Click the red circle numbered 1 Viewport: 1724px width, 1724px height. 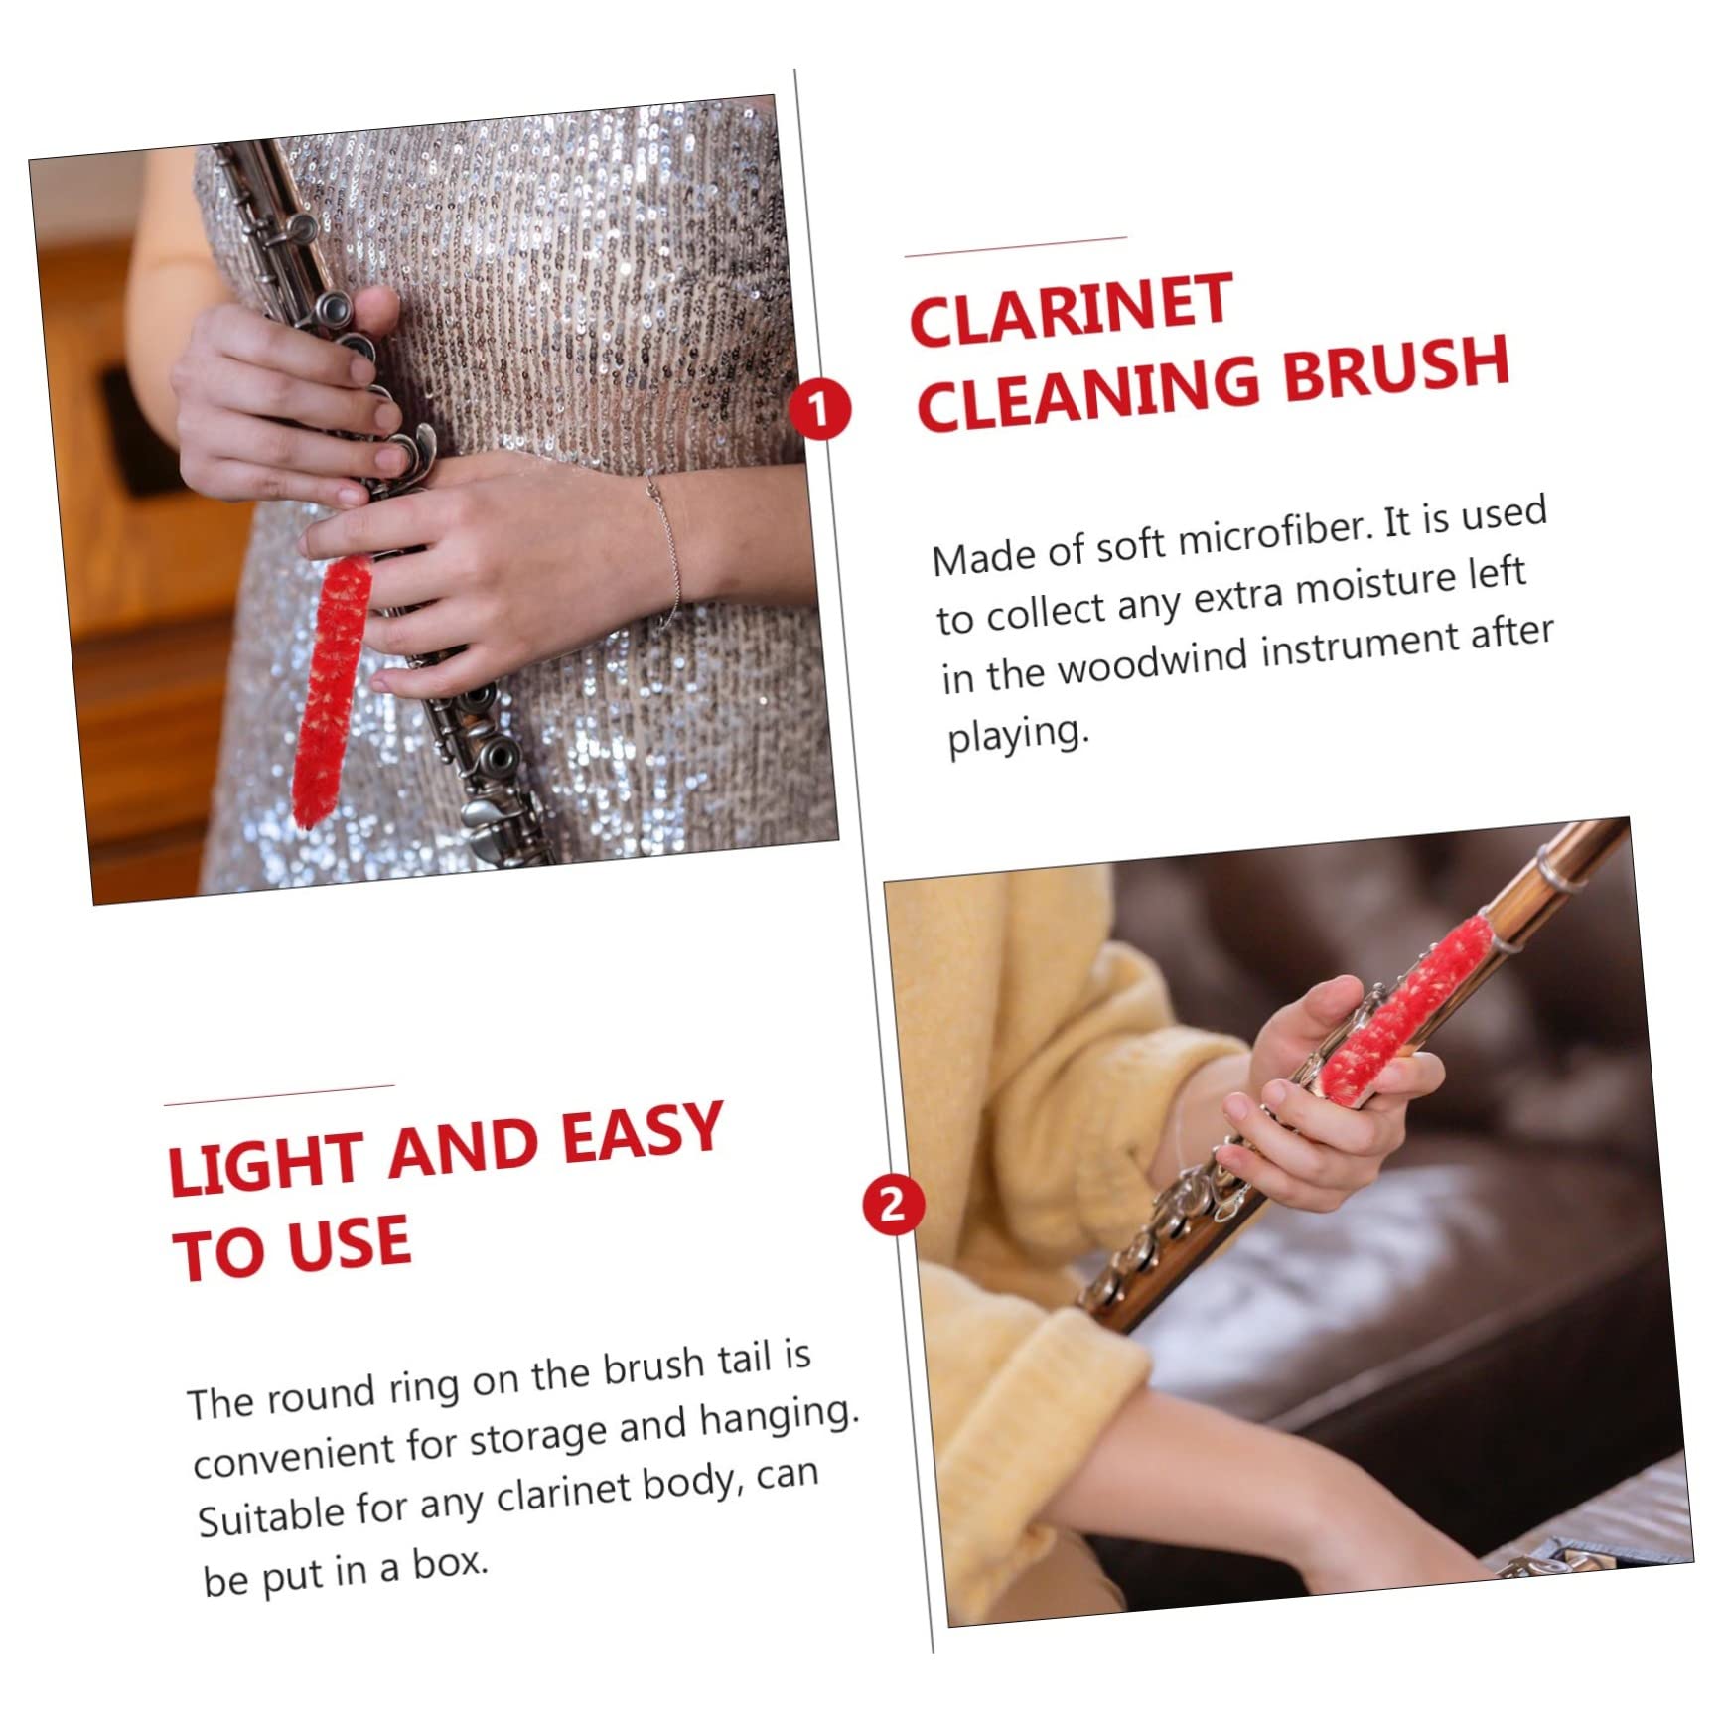(819, 409)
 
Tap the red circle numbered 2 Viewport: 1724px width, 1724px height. (892, 1204)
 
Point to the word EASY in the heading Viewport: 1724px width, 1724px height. (642, 1136)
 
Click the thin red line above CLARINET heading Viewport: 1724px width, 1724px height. (1015, 246)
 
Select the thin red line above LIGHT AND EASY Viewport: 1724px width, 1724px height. (279, 1095)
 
